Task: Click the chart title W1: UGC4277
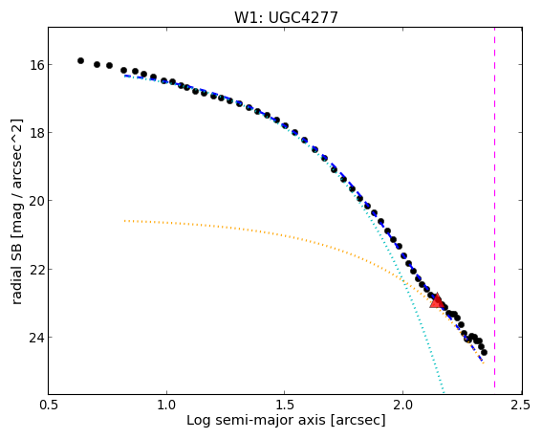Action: pyautogui.click(x=286, y=17)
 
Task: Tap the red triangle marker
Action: pyautogui.click(x=437, y=300)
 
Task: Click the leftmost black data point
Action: pyautogui.click(x=80, y=60)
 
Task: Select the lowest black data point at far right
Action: pyautogui.click(x=484, y=353)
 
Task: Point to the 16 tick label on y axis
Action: pyautogui.click(x=35, y=65)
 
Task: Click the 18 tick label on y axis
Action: pyautogui.click(x=35, y=133)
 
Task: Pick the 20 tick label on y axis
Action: pyautogui.click(x=35, y=201)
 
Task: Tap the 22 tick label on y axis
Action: pyautogui.click(x=35, y=269)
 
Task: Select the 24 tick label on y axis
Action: pyautogui.click(x=35, y=337)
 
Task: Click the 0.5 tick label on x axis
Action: pyautogui.click(x=49, y=405)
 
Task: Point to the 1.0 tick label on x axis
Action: pyautogui.click(x=166, y=405)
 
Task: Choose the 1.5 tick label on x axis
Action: pyautogui.click(x=285, y=405)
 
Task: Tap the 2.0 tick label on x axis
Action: pyautogui.click(x=402, y=405)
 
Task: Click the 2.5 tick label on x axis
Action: pyautogui.click(x=521, y=405)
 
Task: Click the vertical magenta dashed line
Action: pyautogui.click(x=494, y=208)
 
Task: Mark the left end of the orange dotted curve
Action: pyautogui.click(x=125, y=220)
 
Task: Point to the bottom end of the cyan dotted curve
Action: pyautogui.click(x=444, y=393)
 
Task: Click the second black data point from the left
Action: pyautogui.click(x=97, y=64)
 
